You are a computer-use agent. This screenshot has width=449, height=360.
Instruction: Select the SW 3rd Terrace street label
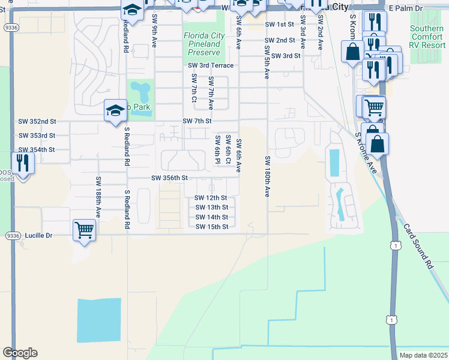coord(210,65)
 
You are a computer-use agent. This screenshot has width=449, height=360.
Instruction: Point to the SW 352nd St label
coord(37,121)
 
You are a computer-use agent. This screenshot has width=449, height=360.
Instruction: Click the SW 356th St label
coord(169,178)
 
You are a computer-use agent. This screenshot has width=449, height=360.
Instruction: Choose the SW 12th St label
coord(211,197)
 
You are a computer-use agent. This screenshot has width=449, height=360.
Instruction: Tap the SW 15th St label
coord(212,226)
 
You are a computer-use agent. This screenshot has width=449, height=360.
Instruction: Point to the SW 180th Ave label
coord(267,176)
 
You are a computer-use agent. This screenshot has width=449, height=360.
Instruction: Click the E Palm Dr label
coord(406,8)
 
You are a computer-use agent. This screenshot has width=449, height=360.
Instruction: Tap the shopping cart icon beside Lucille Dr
coord(84,229)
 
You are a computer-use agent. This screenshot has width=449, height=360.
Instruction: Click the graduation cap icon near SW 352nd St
coord(115,110)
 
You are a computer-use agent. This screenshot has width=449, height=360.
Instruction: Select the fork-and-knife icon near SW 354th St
coord(23,162)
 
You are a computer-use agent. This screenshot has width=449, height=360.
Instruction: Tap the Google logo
coord(20,353)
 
